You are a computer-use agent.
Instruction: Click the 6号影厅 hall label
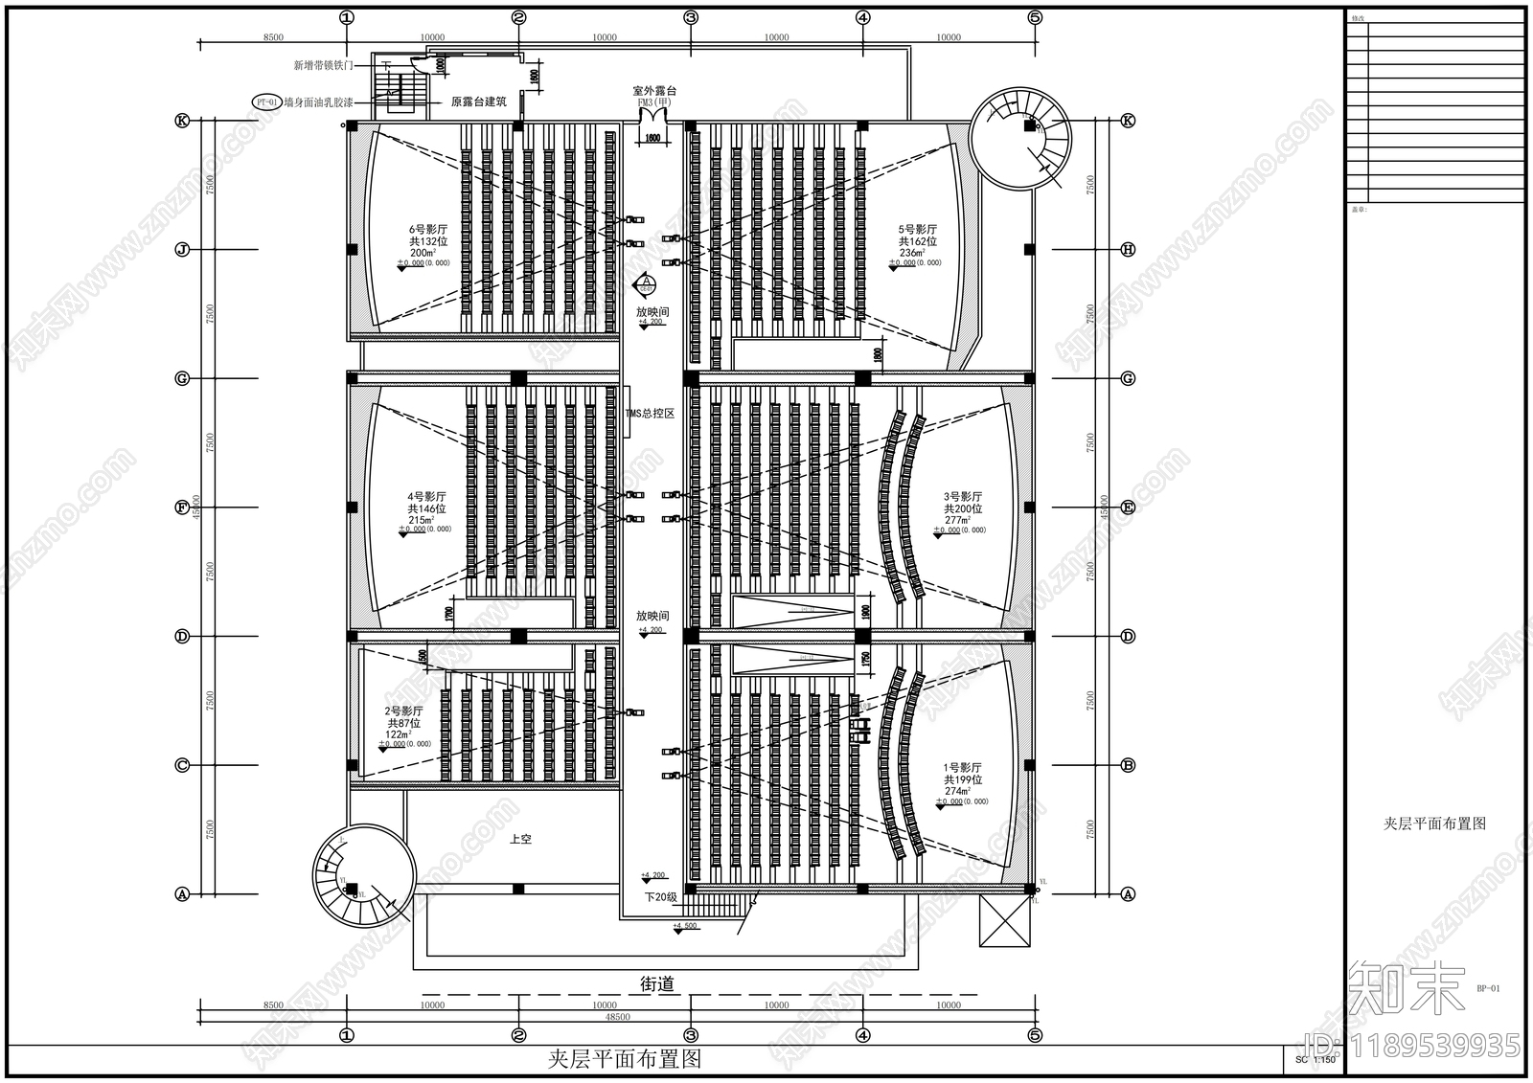427,230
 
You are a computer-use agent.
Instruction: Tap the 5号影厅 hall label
917,230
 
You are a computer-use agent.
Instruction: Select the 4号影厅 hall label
427,497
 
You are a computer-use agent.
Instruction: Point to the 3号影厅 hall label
963,497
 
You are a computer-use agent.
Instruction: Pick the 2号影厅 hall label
404,711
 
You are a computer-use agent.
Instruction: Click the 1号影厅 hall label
963,768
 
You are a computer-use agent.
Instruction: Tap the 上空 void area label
520,840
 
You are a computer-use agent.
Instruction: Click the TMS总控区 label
651,414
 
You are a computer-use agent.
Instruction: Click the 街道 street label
656,983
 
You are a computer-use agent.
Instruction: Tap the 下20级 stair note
660,897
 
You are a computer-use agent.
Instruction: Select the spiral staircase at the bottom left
363,875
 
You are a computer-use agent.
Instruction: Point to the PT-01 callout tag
266,102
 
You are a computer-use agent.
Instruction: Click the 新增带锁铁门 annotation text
324,66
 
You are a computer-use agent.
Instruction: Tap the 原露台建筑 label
479,102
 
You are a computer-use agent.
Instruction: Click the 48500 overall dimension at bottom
618,1017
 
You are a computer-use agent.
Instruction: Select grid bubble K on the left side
181,121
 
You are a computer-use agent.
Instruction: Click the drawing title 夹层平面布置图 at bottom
625,1059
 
